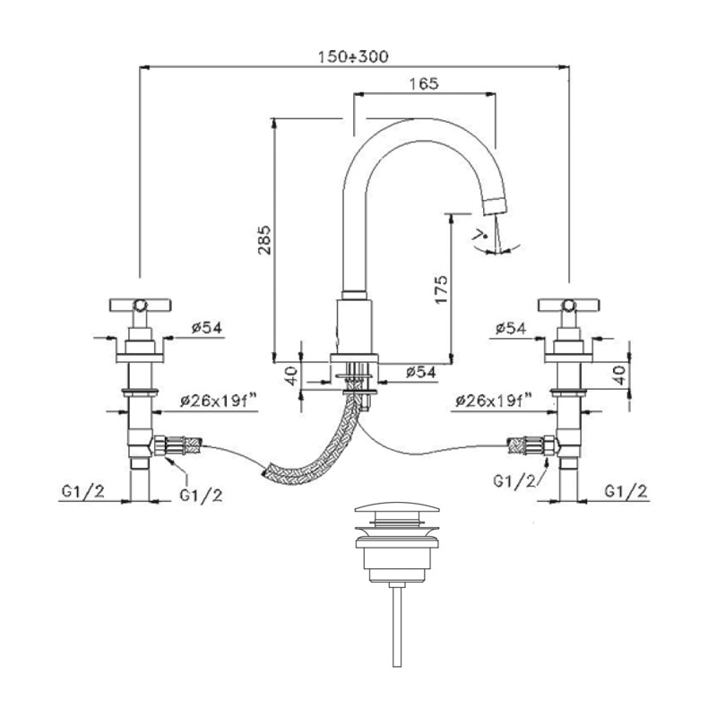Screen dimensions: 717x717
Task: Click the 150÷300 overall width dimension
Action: pyautogui.click(x=353, y=56)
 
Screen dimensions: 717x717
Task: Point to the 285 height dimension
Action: pyautogui.click(x=263, y=240)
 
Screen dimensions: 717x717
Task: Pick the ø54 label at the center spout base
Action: pyautogui.click(x=419, y=371)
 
